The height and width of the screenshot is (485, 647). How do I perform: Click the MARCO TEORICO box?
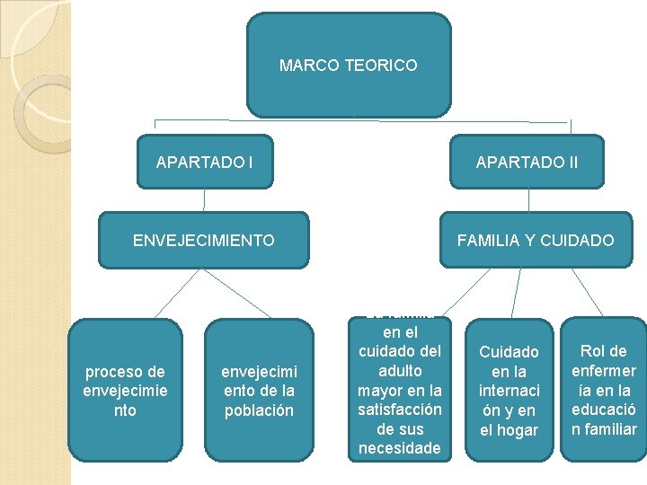click(349, 66)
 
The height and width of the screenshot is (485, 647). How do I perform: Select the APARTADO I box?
click(204, 162)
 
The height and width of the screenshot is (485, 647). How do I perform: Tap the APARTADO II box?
click(527, 162)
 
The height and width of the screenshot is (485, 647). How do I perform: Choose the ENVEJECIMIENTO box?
click(203, 240)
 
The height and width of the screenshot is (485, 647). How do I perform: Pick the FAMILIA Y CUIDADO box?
click(536, 240)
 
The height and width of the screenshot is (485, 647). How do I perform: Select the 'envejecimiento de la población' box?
click(259, 391)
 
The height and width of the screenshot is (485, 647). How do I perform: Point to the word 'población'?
click(259, 410)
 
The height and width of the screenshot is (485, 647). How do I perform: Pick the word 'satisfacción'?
click(399, 410)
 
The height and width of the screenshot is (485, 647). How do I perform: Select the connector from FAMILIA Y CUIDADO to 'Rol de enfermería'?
click(587, 292)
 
